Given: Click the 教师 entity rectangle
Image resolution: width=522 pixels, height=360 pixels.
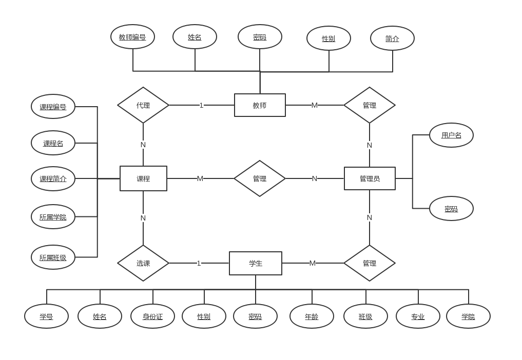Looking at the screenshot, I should coord(260,105).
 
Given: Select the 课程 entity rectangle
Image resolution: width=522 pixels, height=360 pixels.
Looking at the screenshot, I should coord(143,178).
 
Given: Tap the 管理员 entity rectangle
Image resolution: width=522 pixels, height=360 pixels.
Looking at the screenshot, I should coord(370,178).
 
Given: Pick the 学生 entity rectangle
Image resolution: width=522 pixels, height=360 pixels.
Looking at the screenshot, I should coord(256,263).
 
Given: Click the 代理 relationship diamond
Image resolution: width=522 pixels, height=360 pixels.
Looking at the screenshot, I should coord(143,105).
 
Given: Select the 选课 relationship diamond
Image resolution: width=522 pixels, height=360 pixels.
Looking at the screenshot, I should coord(143,263).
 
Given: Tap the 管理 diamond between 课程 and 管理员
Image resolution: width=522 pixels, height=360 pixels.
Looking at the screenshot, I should coord(260,178).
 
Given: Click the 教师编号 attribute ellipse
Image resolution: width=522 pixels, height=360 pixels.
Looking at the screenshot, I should coord(132,37).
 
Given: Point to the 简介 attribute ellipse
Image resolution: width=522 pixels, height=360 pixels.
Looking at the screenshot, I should coord(392,38).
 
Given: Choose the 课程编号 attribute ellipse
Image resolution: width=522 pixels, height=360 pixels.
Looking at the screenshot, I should coord(53,107).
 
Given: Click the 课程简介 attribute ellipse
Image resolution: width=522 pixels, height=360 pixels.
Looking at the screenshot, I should coord(53,178).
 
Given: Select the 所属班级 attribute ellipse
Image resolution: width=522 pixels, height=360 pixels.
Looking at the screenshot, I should coord(53,257).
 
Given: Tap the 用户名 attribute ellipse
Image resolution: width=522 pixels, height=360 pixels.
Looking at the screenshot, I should coord(451,135).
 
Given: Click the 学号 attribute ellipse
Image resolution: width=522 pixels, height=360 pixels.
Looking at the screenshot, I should coord(46,316).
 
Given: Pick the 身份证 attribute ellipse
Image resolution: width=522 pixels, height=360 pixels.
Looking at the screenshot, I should coord(152,316).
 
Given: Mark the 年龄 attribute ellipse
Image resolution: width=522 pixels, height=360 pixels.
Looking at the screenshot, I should coord(312,316).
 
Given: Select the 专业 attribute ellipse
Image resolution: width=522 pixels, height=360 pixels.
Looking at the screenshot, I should coord(418,316).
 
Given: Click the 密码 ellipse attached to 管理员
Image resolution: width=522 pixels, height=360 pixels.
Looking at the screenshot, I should coord(451,209).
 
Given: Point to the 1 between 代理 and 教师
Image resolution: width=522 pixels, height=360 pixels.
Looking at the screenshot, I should coord(201,105).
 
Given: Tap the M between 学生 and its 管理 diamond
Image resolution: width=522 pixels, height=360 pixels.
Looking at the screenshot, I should coord(312,263).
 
